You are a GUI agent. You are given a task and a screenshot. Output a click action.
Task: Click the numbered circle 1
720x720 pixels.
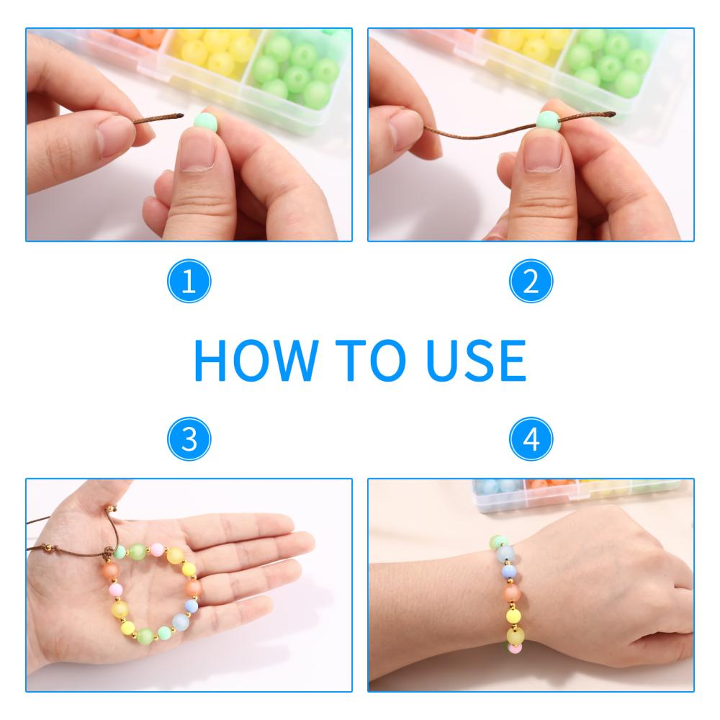[189, 281]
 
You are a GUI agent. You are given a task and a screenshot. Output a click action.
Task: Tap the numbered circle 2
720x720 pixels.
[531, 281]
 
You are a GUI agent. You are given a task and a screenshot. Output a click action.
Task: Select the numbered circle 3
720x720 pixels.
[189, 439]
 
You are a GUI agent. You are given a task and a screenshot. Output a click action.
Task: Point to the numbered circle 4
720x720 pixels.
[531, 439]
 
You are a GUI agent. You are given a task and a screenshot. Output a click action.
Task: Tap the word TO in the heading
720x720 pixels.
[370, 361]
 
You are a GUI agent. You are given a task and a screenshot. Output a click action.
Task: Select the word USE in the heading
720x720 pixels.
[475, 361]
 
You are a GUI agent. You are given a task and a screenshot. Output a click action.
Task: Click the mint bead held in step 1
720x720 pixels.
[204, 121]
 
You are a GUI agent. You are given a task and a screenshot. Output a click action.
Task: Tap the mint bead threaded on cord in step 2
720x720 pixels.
[549, 121]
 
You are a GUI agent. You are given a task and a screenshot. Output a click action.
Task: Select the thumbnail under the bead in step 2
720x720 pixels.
[543, 154]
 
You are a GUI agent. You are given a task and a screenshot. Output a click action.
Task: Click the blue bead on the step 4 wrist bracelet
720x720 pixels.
[509, 572]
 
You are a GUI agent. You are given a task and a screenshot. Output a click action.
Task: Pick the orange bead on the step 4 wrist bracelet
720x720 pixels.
[511, 593]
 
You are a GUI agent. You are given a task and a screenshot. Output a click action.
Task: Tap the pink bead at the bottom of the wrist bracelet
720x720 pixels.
[515, 648]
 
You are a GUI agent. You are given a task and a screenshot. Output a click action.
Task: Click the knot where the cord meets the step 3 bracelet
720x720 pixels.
[109, 552]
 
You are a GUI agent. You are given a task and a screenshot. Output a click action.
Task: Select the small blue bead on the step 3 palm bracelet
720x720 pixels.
[191, 606]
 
